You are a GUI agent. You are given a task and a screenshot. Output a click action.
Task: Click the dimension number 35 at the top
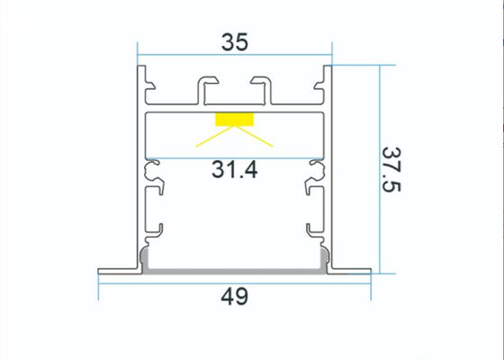[x=234, y=41]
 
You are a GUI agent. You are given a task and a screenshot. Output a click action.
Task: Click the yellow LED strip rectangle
[x=234, y=119]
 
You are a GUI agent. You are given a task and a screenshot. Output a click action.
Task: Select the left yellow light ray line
[x=215, y=135]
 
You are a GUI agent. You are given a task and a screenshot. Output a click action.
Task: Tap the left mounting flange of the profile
[x=117, y=269]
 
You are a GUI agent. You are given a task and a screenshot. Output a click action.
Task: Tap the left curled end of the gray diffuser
[x=145, y=262]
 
